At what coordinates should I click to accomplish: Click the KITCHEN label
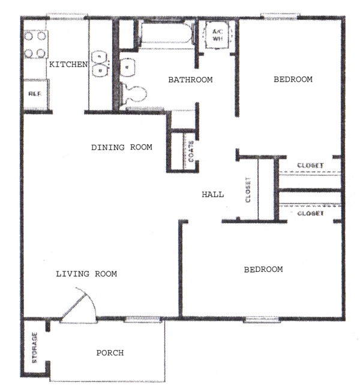pyautogui.click(x=68, y=64)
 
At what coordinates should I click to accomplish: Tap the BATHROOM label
pyautogui.click(x=190, y=80)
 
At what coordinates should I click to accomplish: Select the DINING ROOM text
pyautogui.click(x=122, y=147)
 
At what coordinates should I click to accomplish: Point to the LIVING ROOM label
pyautogui.click(x=86, y=274)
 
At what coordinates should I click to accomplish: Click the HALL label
pyautogui.click(x=213, y=194)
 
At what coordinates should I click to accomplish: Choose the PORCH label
pyautogui.click(x=110, y=353)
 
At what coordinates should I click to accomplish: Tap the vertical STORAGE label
pyautogui.click(x=34, y=348)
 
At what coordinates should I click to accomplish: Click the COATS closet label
pyautogui.click(x=191, y=151)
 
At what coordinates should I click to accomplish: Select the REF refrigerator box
pyautogui.click(x=36, y=94)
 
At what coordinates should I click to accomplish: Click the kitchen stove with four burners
pyautogui.click(x=35, y=45)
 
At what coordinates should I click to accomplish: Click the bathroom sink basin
pyautogui.click(x=127, y=67)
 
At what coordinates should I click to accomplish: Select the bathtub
pyautogui.click(x=167, y=35)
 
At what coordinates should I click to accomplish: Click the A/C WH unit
pyautogui.click(x=217, y=35)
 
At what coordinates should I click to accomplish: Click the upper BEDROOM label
pyautogui.click(x=293, y=79)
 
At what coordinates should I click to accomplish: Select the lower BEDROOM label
pyautogui.click(x=263, y=270)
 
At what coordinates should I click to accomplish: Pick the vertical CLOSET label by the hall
pyautogui.click(x=248, y=190)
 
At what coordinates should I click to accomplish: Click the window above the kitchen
pyautogui.click(x=67, y=16)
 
